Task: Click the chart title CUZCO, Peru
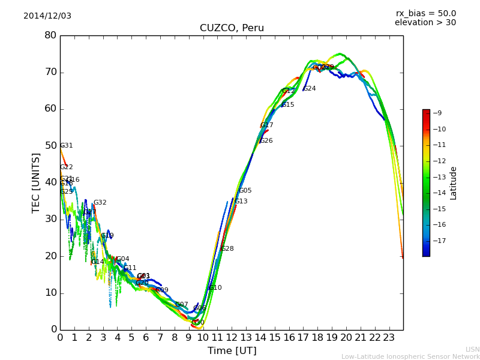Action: click(232, 28)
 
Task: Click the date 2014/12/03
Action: click(47, 16)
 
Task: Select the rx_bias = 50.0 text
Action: click(425, 13)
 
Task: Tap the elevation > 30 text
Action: click(425, 23)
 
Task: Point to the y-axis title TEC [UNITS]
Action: click(36, 182)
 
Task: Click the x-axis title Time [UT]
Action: click(232, 350)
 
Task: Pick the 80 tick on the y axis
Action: click(50, 35)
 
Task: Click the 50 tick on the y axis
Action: click(50, 146)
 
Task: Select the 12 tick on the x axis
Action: click(232, 337)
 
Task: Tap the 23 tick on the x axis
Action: click(389, 337)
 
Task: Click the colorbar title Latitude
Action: click(454, 183)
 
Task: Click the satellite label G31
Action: click(67, 146)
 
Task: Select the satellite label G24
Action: click(310, 89)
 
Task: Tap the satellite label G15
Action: click(288, 105)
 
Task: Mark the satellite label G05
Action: click(245, 191)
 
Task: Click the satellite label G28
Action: click(227, 249)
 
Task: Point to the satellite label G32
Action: click(100, 203)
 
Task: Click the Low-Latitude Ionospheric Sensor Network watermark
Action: click(410, 356)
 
